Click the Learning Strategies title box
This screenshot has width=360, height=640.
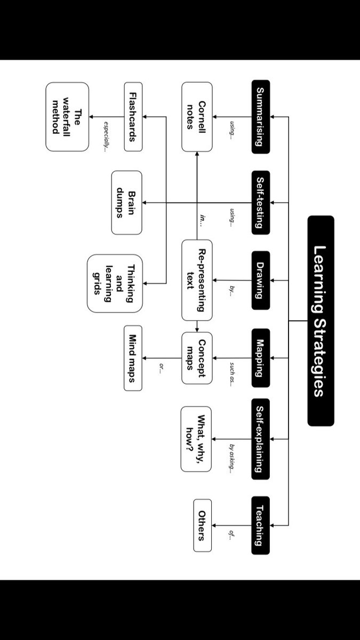tap(321, 321)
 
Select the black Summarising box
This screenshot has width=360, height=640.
tap(260, 117)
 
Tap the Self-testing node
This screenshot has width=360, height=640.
tap(260, 203)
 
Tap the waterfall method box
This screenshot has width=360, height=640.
tap(67, 117)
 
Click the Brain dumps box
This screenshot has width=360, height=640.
tap(127, 203)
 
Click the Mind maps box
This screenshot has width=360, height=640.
tap(133, 358)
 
